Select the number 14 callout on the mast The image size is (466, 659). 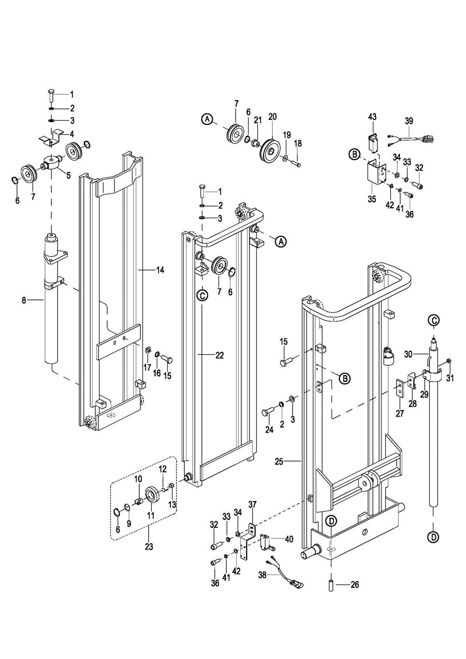click(160, 270)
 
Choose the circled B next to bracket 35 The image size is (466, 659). click(355, 154)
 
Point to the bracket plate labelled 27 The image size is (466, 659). click(400, 389)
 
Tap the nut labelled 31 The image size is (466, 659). click(448, 361)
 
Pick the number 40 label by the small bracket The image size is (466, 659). click(289, 539)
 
